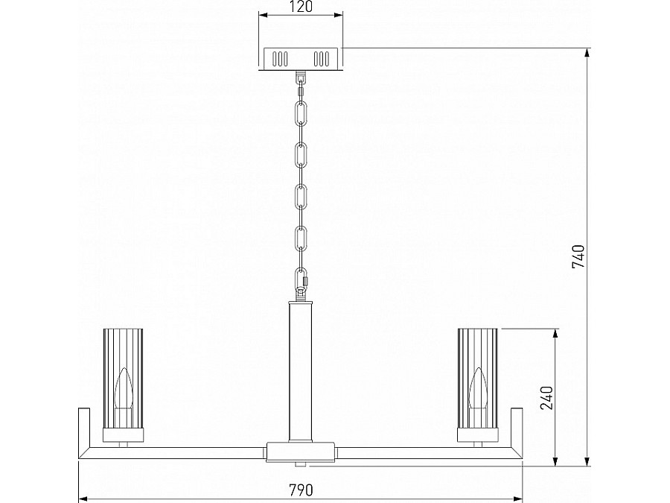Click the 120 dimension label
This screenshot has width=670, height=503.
301,7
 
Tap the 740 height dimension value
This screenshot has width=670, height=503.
578,256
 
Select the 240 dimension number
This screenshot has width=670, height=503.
546,397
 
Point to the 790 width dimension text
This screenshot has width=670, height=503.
301,490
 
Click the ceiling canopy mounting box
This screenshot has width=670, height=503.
301,59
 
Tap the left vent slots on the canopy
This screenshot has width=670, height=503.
281,59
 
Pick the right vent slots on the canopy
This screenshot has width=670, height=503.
322,59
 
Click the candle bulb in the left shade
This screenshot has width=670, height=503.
123,389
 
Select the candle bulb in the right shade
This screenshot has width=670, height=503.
477,389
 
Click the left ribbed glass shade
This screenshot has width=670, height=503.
123,378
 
